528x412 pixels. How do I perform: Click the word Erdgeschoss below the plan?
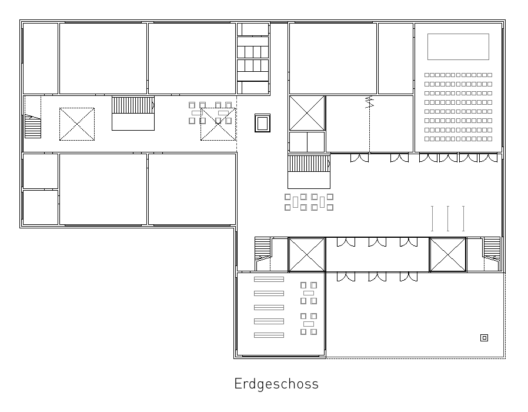coord(276,384)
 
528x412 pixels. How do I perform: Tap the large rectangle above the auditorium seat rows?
coord(458,46)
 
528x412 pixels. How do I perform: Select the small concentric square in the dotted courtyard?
coord(484,337)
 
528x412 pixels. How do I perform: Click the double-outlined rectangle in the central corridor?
coord(262,123)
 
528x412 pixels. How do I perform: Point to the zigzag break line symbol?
coord(370,102)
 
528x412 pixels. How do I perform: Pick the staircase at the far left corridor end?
coord(33,126)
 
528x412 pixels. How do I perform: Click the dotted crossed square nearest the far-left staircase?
coord(77,124)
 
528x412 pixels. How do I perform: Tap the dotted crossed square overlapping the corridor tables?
coord(218,124)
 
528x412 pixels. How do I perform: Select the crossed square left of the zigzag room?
coord(307,113)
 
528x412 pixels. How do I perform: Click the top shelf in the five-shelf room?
coord(269,279)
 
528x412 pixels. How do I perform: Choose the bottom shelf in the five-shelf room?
coord(269,335)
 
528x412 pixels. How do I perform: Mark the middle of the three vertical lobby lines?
coord(448,218)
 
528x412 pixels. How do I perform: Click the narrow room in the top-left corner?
coord(41,58)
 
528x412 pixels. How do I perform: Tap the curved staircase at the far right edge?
coord(492,254)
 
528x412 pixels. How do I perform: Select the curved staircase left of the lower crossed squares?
coord(263,254)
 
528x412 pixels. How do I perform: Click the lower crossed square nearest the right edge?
coord(448,254)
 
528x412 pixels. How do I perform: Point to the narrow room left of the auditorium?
coord(396,58)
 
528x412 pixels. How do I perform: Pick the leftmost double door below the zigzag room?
coord(359,158)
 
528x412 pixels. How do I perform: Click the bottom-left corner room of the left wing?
coord(41,207)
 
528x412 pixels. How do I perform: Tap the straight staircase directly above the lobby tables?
coord(309,172)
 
